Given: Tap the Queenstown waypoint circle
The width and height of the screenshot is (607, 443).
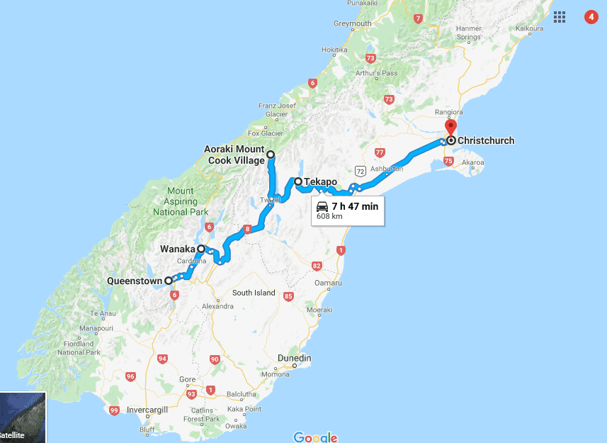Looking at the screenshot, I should tap(169, 281).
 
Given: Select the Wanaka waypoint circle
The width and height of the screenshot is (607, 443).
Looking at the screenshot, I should tap(201, 249).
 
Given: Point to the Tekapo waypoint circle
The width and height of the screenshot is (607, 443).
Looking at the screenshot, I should tap(298, 181).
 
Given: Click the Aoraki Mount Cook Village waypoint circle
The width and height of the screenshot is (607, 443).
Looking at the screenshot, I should tap(270, 153).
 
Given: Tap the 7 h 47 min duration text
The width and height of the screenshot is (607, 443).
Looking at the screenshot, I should tap(355, 207).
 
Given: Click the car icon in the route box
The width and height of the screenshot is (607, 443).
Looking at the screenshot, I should tap(322, 207).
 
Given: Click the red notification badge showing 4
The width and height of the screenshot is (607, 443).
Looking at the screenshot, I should tap(591, 16).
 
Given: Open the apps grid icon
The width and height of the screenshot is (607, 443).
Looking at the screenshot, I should tap(560, 16).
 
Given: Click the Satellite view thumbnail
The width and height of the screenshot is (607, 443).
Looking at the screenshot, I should tap(23, 417).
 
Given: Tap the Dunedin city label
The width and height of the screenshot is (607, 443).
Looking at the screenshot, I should tap(295, 359).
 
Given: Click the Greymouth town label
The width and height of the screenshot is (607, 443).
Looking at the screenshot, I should tap(352, 23).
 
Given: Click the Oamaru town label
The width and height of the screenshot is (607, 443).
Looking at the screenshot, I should tap(329, 284).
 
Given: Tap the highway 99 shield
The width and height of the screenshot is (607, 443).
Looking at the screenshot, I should tap(114, 410).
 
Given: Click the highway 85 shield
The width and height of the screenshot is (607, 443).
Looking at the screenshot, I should tap(288, 296).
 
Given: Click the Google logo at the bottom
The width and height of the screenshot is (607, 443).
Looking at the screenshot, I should tap(315, 437).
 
